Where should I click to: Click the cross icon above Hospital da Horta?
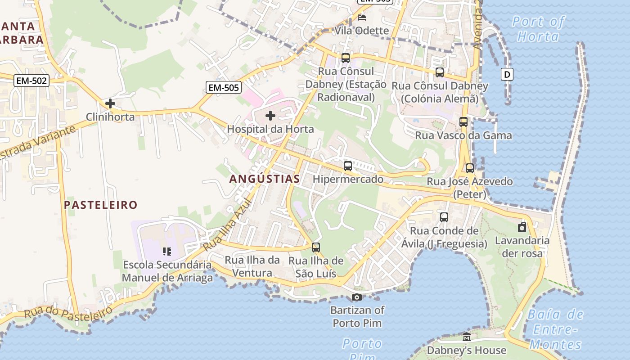(x=270, y=116)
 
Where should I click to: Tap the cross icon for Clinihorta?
(x=110, y=103)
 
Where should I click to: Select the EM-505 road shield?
(x=224, y=87)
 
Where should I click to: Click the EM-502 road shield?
(x=31, y=81)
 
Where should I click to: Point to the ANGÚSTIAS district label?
(x=265, y=179)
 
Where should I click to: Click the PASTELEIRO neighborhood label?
(x=100, y=205)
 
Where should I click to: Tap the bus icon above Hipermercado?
(x=348, y=166)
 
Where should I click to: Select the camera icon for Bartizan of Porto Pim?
(x=356, y=297)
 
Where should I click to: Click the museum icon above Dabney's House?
(x=467, y=337)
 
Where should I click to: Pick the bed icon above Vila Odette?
(x=361, y=18)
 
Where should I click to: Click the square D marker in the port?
(x=507, y=74)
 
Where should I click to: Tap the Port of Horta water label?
(x=538, y=29)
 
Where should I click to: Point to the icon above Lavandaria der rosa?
(x=522, y=227)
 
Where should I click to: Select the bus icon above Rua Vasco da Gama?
(x=463, y=122)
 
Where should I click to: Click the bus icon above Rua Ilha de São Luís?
(x=316, y=247)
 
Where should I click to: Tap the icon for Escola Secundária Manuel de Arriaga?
(x=167, y=251)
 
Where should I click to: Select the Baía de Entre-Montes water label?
(x=555, y=329)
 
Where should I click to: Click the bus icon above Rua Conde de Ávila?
(x=444, y=217)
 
